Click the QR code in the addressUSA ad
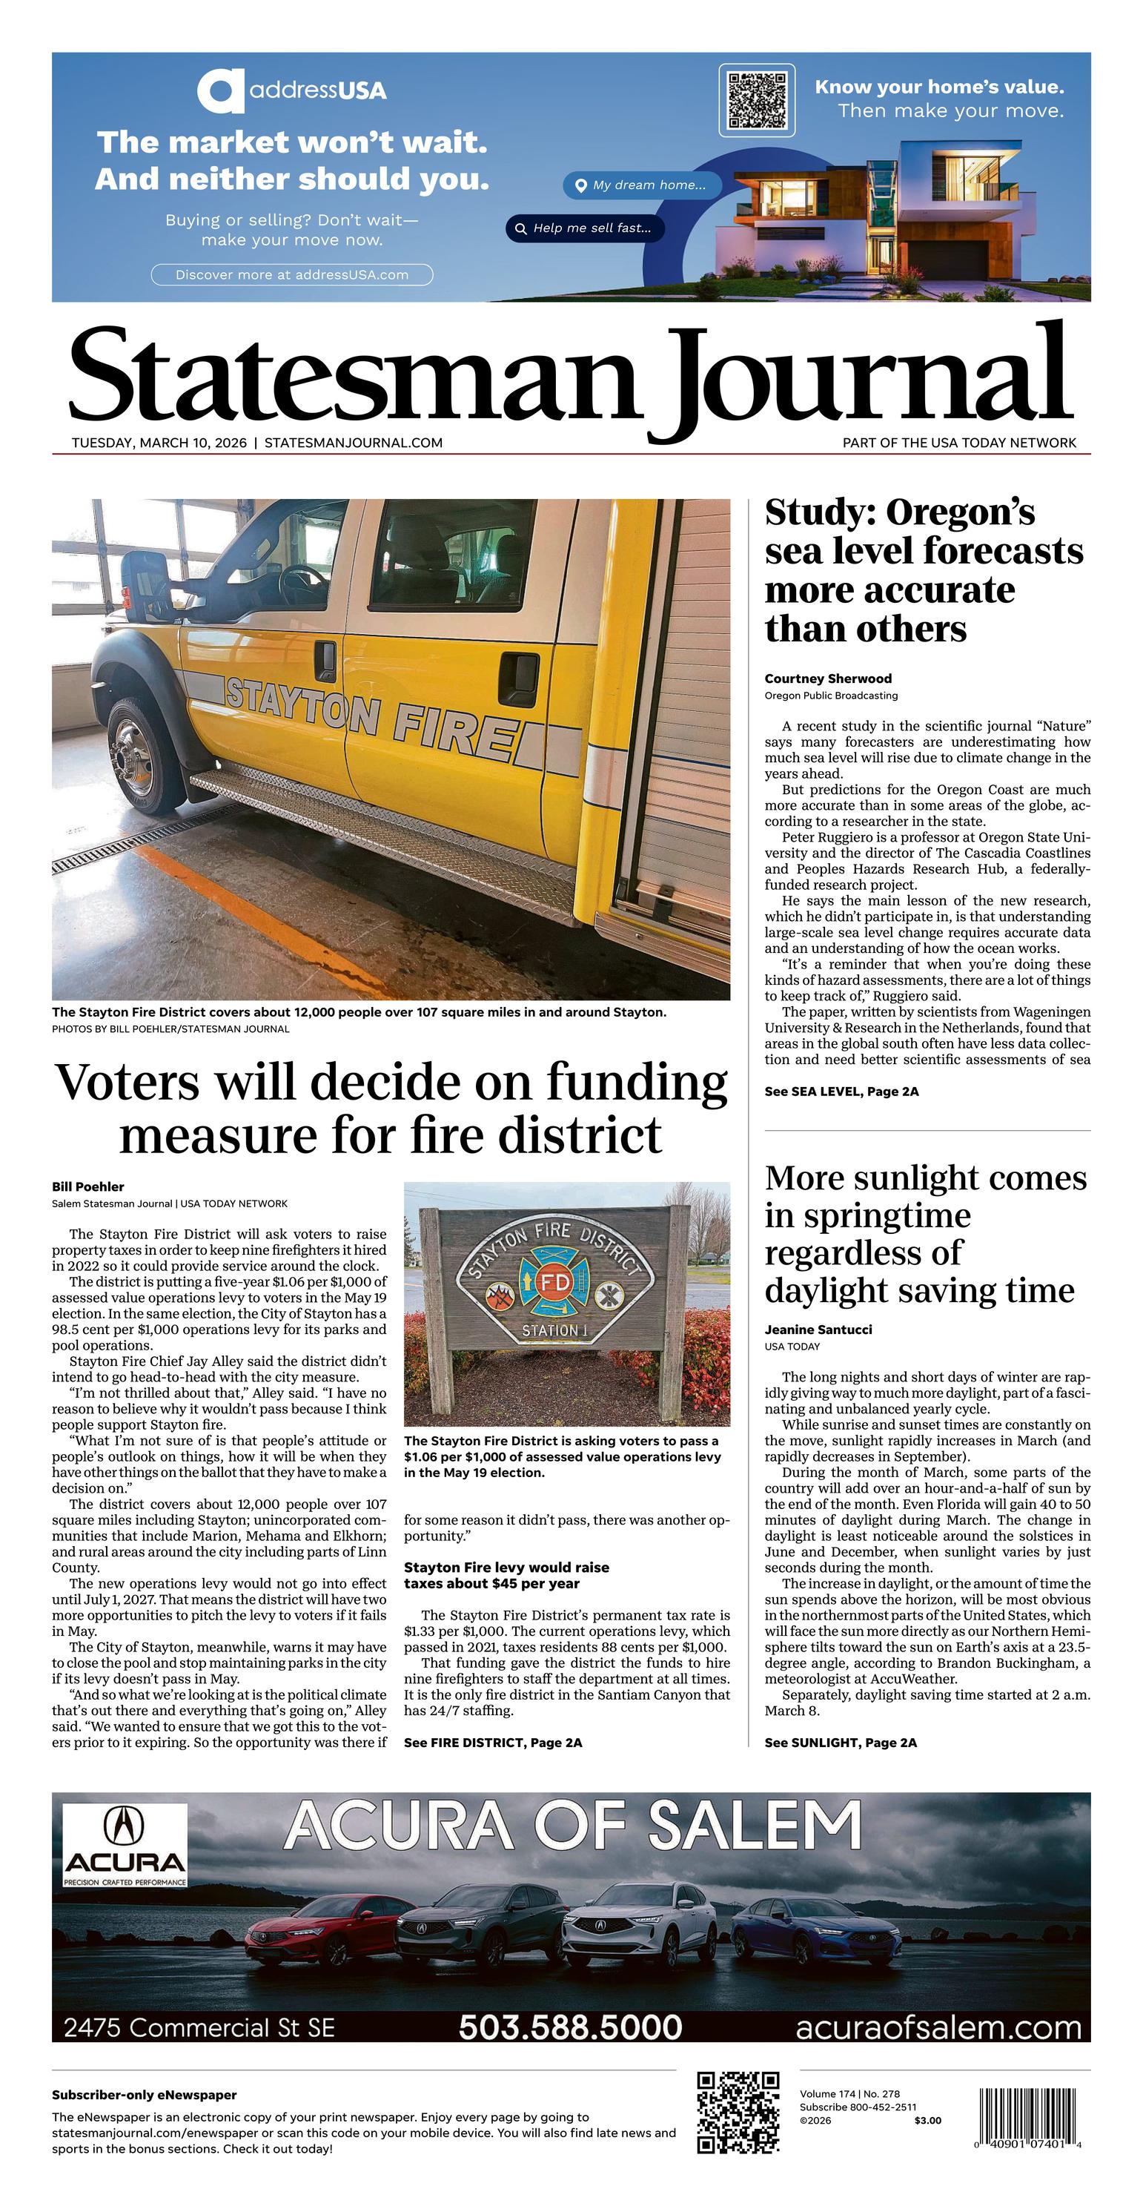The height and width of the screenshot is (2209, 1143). [756, 99]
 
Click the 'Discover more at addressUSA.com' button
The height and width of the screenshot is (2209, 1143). [291, 274]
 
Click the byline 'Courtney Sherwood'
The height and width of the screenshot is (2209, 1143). [827, 678]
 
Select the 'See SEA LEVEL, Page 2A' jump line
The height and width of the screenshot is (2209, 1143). [841, 1092]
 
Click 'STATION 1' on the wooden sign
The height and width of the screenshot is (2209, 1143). [554, 1330]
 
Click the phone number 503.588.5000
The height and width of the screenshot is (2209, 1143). [570, 2027]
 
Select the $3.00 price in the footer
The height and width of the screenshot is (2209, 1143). [927, 2121]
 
